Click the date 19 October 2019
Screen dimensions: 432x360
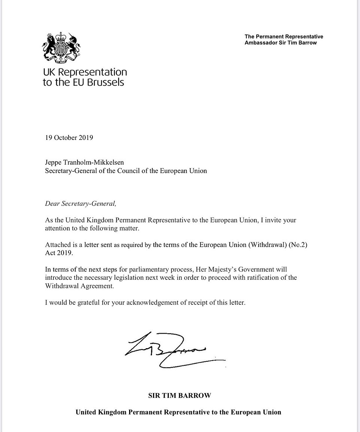69,138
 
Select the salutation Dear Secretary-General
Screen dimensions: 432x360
80,203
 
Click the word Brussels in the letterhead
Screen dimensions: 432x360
105,82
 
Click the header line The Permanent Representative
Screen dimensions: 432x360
284,37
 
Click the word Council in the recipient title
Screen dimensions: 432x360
137,171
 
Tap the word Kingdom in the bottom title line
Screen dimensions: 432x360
112,413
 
